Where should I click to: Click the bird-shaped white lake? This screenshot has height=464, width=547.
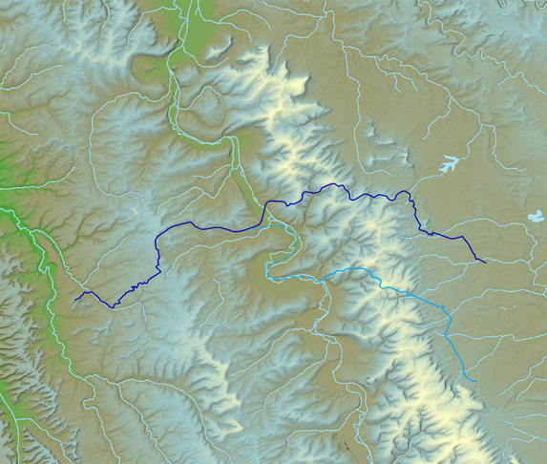(x=448, y=165)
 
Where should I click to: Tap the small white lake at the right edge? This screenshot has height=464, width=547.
(x=536, y=218)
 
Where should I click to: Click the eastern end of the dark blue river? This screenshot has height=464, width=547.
(x=485, y=261)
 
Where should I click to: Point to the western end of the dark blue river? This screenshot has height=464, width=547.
(x=75, y=300)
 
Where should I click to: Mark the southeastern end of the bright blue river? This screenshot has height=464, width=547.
(x=474, y=381)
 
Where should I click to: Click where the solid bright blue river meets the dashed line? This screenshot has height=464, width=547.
(x=325, y=277)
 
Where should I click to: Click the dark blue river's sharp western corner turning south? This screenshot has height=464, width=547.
(x=158, y=239)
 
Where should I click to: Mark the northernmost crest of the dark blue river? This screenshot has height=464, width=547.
(x=333, y=183)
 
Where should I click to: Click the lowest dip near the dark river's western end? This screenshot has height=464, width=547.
(x=115, y=306)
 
